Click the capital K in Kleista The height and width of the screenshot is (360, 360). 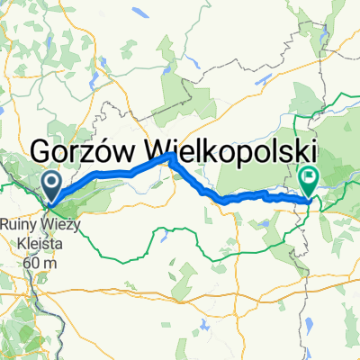coord(19,240)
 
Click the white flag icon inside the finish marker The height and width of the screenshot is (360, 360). coord(310,177)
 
